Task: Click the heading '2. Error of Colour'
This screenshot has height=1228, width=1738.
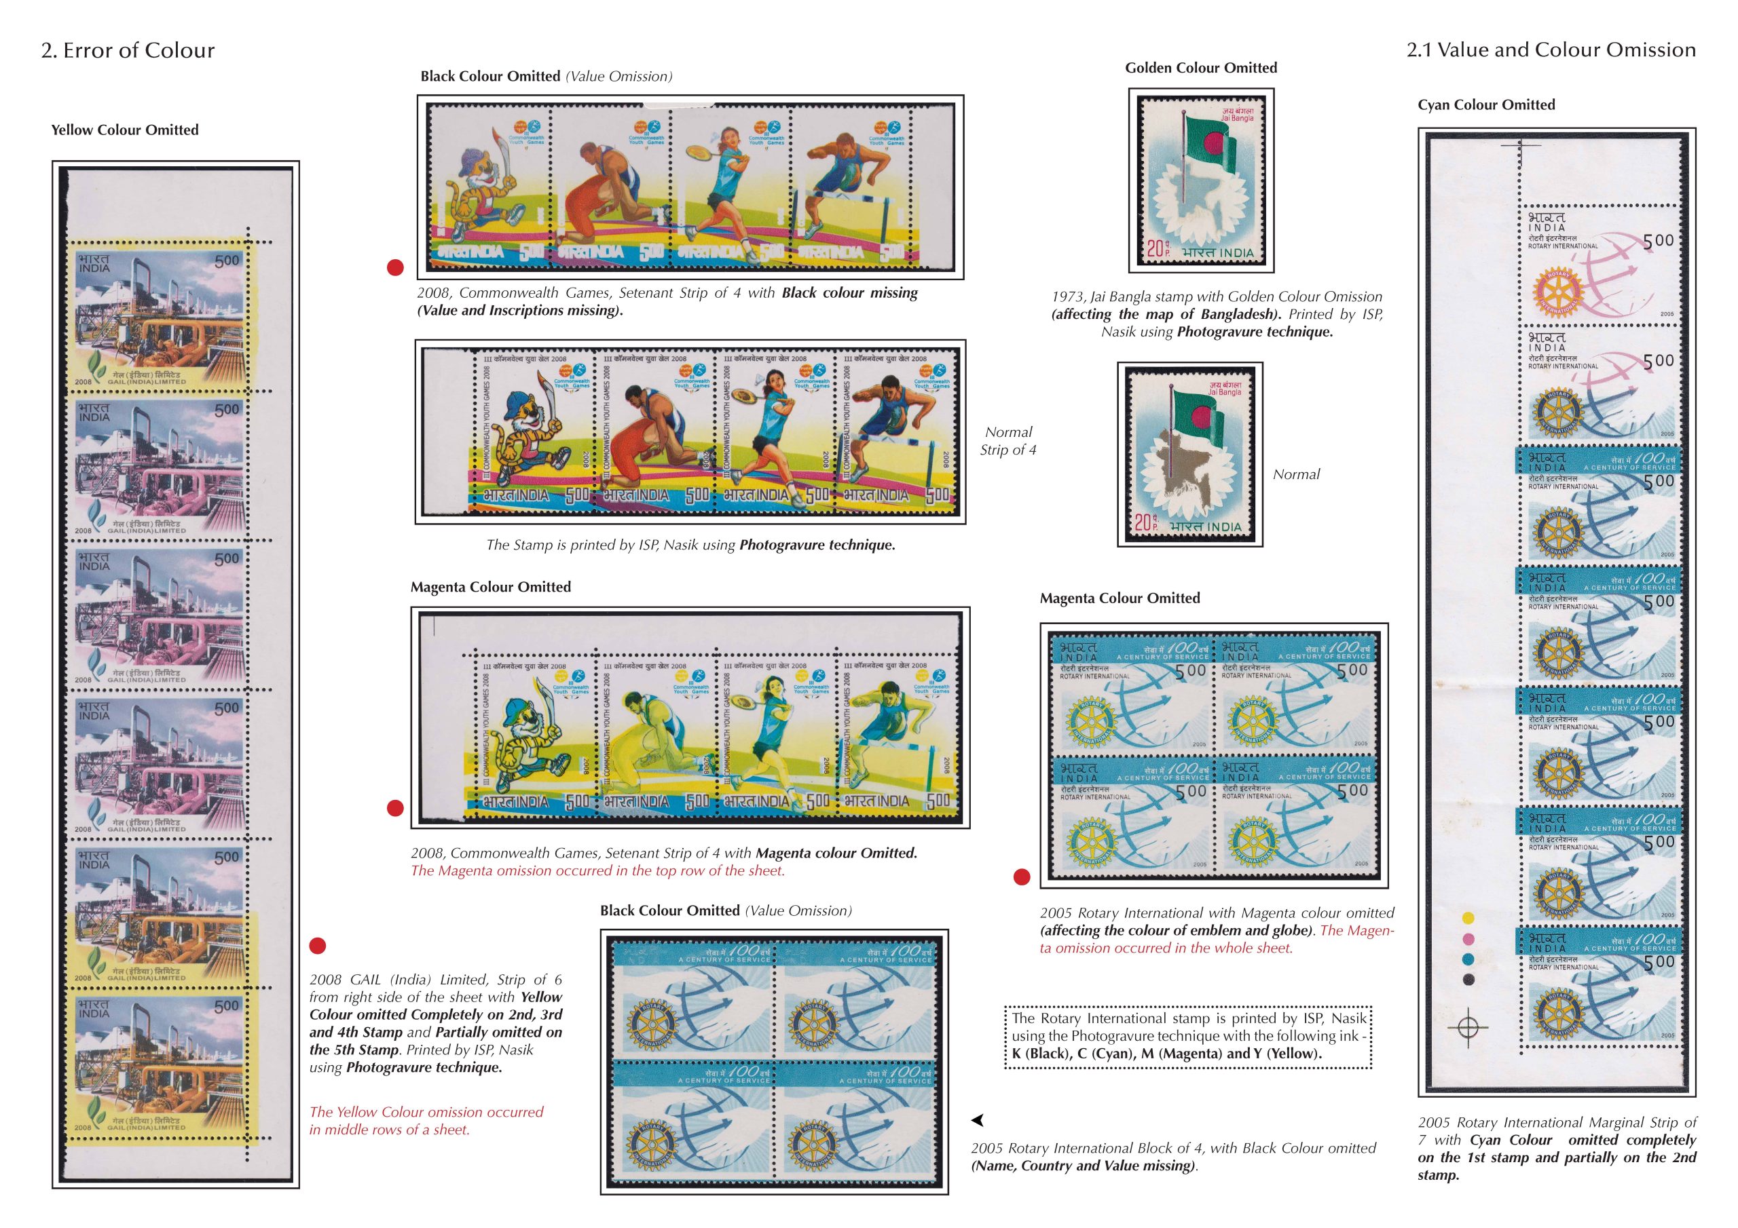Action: [x=128, y=51]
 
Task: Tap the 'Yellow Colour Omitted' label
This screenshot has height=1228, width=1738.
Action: [x=125, y=130]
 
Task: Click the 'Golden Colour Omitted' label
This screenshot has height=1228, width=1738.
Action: [x=1200, y=68]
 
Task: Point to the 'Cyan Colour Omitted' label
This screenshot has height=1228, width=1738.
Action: [x=1486, y=105]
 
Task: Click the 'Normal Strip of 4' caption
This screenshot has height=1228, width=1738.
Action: [x=1008, y=441]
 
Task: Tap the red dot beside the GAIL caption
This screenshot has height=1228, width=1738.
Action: [x=318, y=946]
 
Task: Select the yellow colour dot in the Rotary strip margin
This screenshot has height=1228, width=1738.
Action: [x=1468, y=919]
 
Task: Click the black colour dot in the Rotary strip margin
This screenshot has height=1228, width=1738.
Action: [x=1468, y=979]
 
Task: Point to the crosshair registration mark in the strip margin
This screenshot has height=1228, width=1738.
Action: [x=1468, y=1027]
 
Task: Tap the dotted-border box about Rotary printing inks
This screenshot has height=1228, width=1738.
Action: [x=1187, y=1036]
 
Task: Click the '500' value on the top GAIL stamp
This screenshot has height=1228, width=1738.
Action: [x=227, y=261]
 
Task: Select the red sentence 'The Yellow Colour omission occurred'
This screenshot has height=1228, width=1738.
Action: [x=426, y=1112]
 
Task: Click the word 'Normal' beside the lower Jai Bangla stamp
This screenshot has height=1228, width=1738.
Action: [x=1296, y=474]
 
